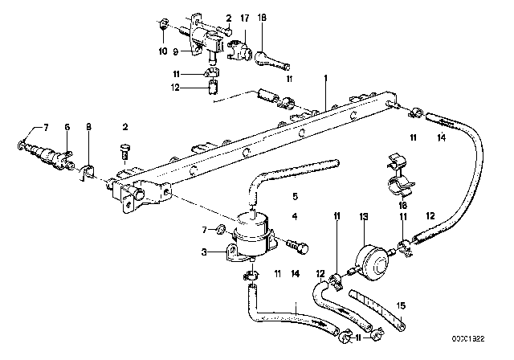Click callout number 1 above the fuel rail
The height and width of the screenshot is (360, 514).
pyautogui.click(x=325, y=79)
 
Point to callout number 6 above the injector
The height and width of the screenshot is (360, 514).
pyautogui.click(x=67, y=127)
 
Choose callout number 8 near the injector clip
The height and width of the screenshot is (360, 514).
pyautogui.click(x=88, y=127)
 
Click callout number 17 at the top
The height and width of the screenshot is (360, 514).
pyautogui.click(x=244, y=17)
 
